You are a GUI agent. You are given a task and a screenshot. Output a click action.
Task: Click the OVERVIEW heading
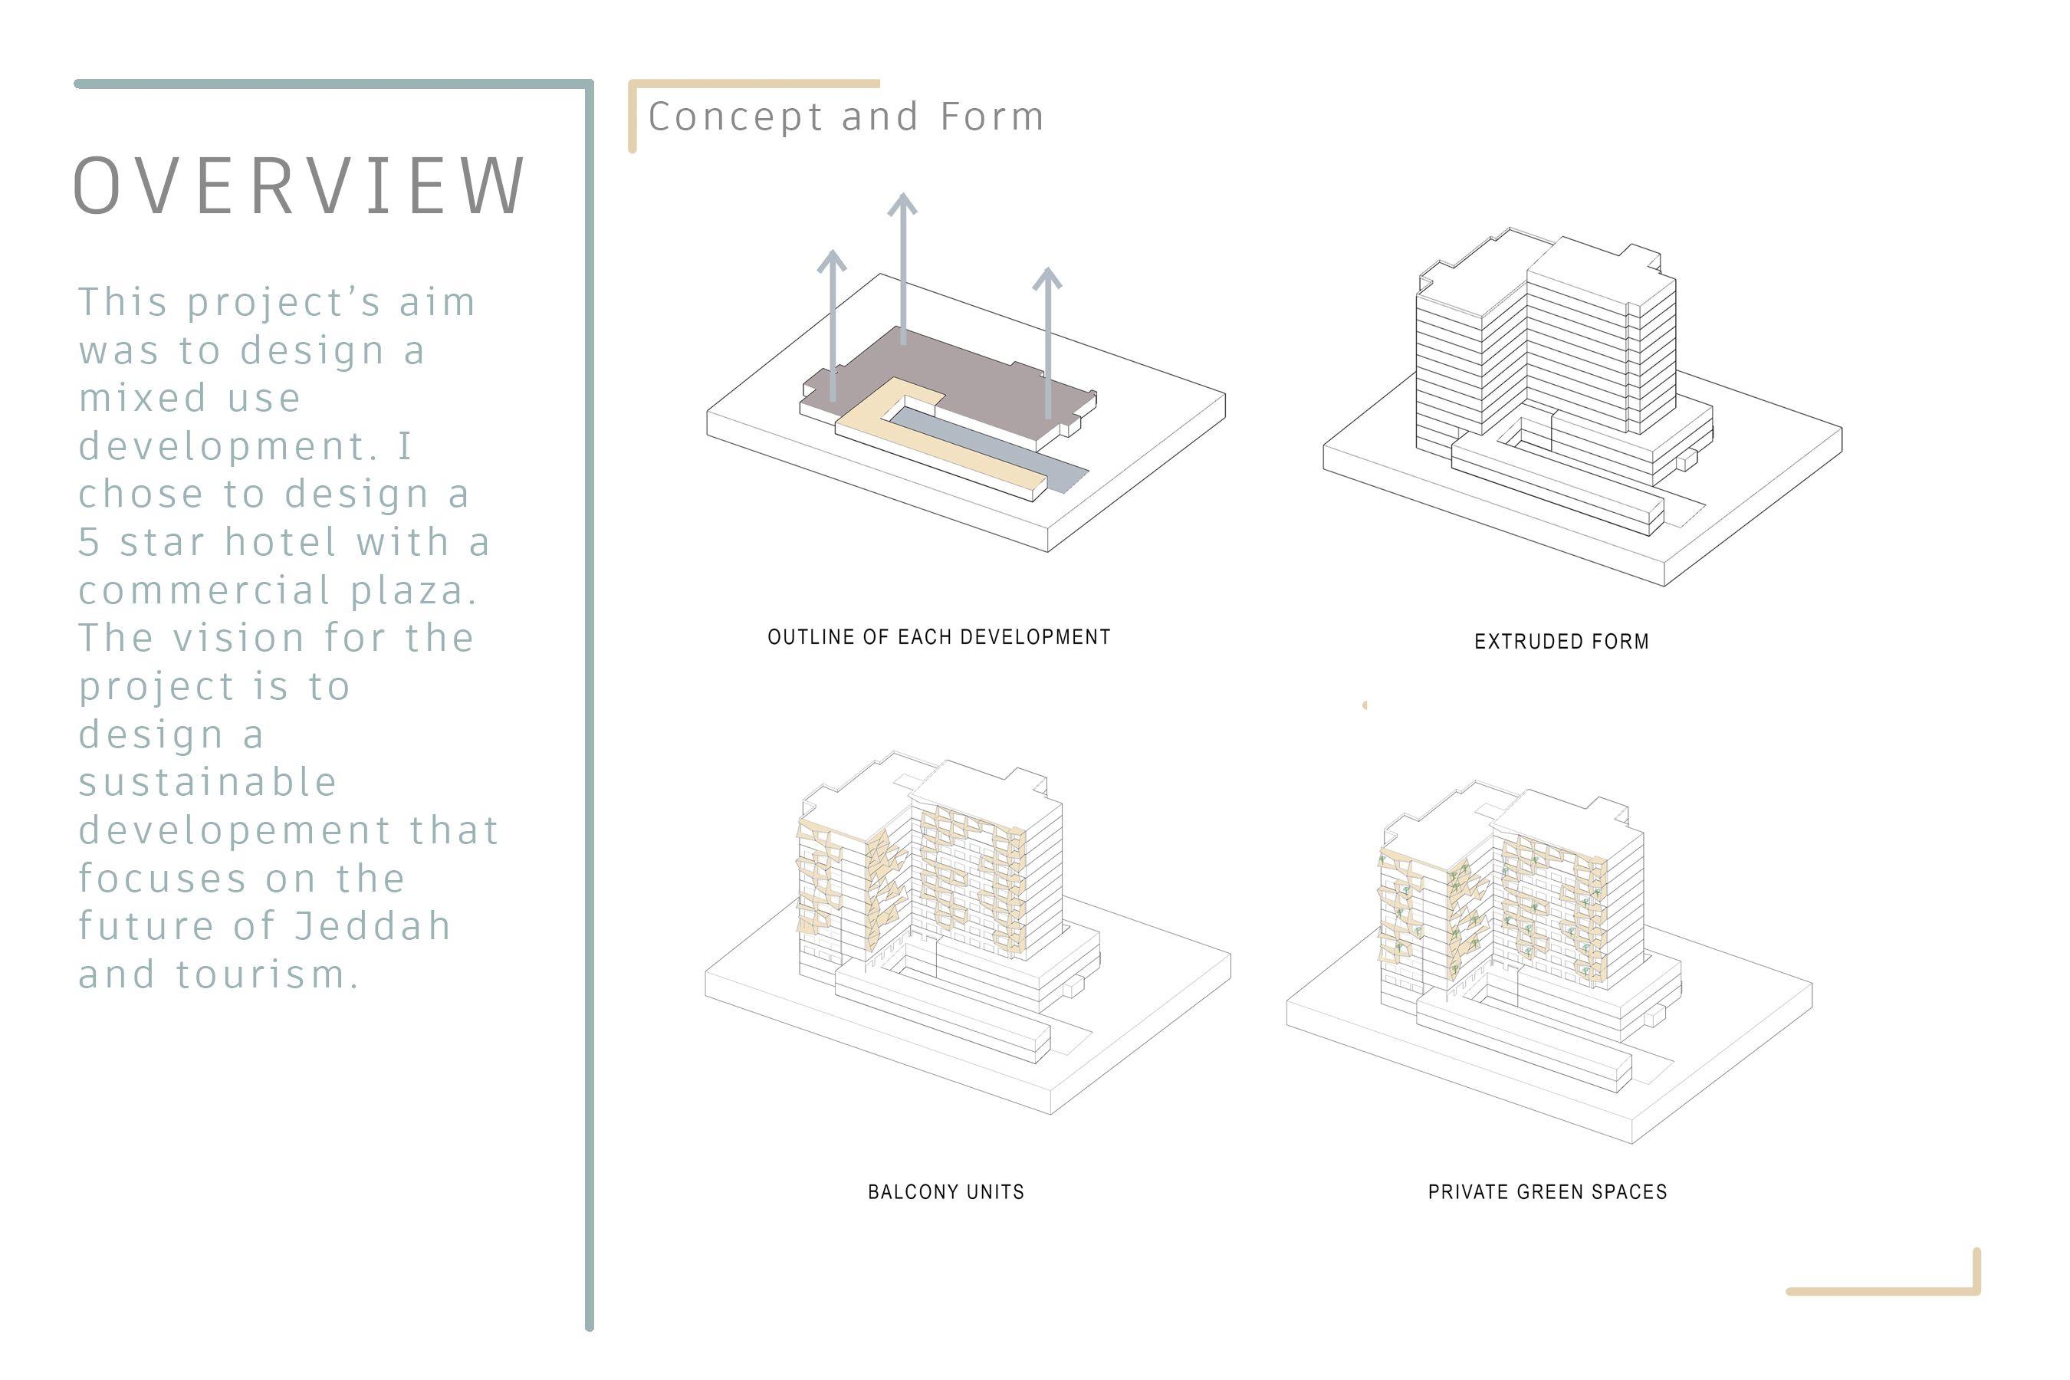click(x=299, y=186)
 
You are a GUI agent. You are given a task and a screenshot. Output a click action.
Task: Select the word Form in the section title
click(x=992, y=117)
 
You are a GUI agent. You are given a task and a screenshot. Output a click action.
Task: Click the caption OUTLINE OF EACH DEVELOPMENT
click(x=939, y=637)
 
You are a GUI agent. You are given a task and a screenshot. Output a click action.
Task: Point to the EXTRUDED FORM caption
click(x=1561, y=642)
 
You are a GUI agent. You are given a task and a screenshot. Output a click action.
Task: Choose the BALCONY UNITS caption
click(x=946, y=1191)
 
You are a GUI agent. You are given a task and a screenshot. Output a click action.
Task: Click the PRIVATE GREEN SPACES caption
click(x=1547, y=1191)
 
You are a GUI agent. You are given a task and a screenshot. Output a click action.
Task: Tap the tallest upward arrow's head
click(x=902, y=204)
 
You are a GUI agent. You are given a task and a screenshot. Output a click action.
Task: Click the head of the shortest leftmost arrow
click(x=832, y=261)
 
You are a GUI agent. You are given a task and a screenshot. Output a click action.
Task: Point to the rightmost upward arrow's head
click(x=1046, y=278)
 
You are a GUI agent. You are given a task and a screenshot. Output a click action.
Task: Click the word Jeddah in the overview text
click(x=373, y=926)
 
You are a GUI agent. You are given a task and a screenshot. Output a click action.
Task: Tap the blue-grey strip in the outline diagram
click(x=1012, y=449)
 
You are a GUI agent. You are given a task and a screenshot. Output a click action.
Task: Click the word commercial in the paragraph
click(x=204, y=590)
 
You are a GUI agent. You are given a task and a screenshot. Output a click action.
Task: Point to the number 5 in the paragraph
click(x=88, y=542)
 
